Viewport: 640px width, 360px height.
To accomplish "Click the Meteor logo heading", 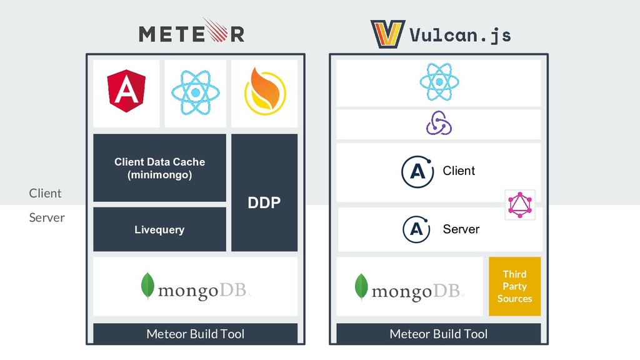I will click(191, 32).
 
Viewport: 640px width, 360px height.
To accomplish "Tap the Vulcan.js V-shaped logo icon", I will click(387, 34).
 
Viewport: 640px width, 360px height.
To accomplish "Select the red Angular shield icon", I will click(126, 91).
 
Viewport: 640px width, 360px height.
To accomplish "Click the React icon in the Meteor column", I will click(195, 92).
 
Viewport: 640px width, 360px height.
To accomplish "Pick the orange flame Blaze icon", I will click(264, 92).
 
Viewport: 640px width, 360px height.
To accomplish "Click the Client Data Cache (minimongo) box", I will click(159, 168).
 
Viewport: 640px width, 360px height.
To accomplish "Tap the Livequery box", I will click(159, 229).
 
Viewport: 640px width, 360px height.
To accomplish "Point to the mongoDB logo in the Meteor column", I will click(195, 287).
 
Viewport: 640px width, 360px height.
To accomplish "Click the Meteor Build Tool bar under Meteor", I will click(195, 334).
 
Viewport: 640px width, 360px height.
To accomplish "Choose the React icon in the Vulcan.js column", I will click(439, 82).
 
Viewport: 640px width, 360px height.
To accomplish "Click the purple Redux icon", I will click(439, 123).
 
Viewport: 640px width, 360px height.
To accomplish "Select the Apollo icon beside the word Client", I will click(417, 171).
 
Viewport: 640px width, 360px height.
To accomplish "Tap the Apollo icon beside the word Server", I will click(417, 229).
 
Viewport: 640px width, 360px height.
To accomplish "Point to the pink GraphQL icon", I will click(520, 205).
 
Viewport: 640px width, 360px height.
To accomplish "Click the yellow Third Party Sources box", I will click(514, 286).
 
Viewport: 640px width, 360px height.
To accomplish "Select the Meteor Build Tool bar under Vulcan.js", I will click(438, 334).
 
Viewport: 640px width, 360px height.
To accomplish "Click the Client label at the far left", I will click(45, 193).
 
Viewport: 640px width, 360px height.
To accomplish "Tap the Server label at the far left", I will click(47, 217).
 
